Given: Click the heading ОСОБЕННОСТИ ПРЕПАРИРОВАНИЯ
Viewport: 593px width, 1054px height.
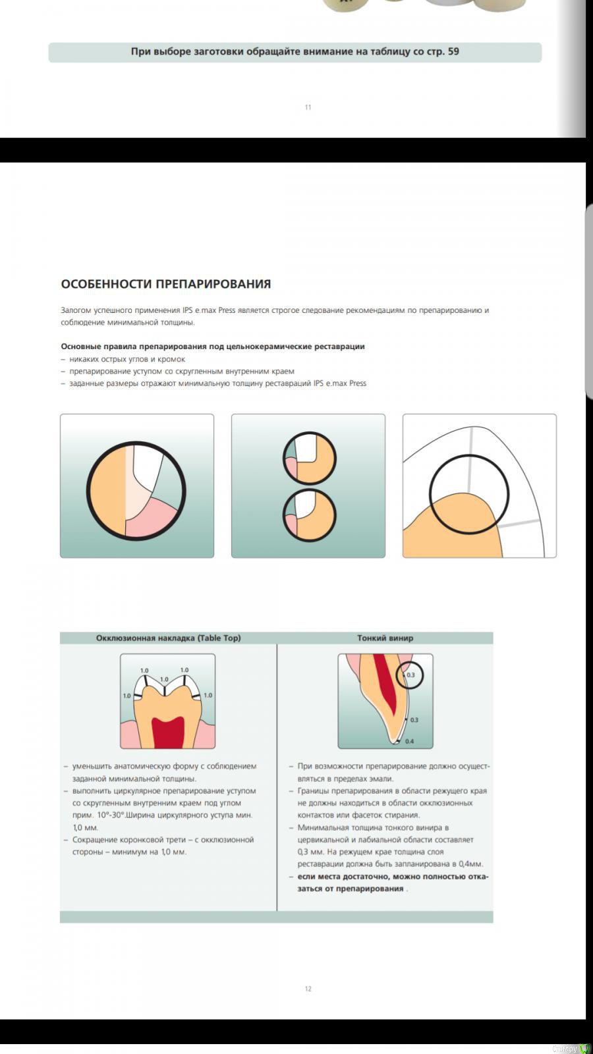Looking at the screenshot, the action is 166,284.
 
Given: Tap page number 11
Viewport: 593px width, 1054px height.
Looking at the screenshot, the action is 308,107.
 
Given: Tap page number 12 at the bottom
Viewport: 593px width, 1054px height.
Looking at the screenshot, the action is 308,989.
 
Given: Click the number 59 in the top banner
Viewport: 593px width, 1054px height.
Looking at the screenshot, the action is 453,51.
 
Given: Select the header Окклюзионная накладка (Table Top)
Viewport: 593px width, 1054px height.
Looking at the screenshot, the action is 168,638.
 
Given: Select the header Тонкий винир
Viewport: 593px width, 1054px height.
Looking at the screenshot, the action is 385,638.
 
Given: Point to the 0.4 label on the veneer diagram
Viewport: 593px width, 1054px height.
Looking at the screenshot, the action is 409,742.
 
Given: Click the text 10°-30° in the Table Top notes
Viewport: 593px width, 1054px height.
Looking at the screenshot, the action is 110,816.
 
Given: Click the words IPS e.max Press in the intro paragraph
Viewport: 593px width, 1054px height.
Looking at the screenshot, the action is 209,310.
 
